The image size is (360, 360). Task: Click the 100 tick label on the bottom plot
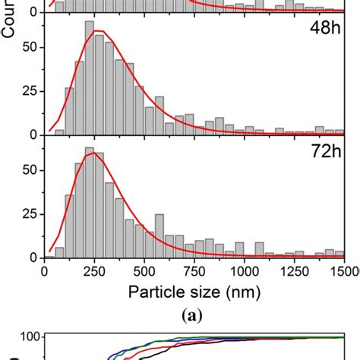tap(29, 338)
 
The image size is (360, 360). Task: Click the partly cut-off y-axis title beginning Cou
tap(10, 17)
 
